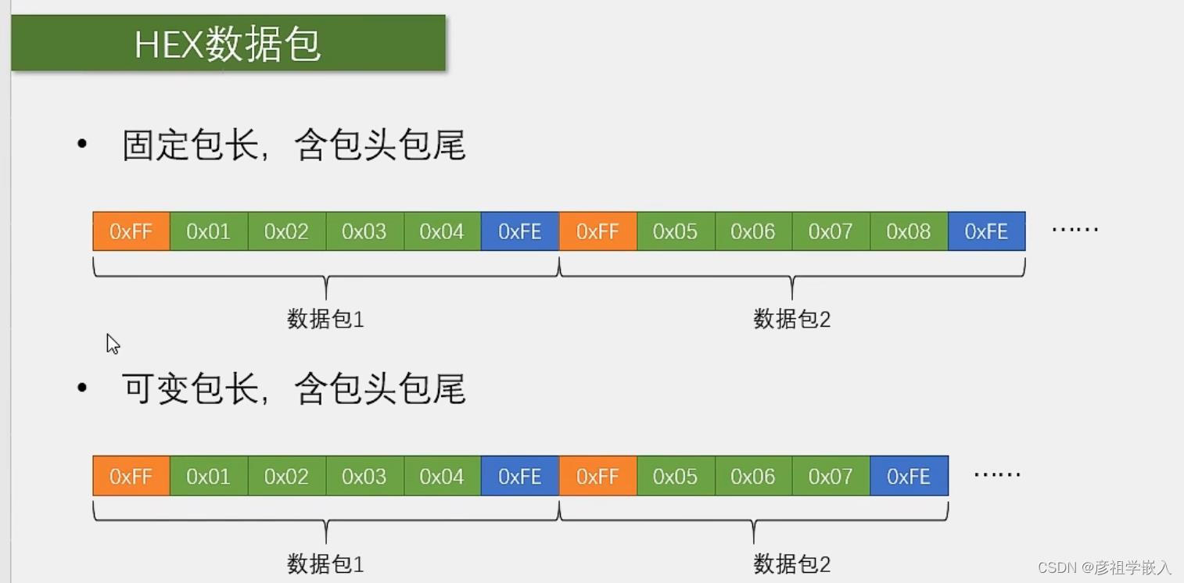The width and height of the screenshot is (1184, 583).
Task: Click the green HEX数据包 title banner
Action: pyautogui.click(x=228, y=44)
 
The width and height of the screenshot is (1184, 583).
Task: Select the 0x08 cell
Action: pyautogui.click(x=909, y=231)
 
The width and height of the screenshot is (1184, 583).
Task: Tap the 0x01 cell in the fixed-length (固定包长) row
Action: pyautogui.click(x=209, y=231)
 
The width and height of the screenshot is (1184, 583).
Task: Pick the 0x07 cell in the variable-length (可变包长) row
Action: pyautogui.click(x=831, y=476)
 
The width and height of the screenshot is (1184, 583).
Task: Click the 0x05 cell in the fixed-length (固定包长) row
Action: pyautogui.click(x=676, y=231)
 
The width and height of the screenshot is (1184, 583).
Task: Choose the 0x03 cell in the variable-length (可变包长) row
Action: pyautogui.click(x=364, y=476)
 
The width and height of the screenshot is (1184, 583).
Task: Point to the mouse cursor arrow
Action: pyautogui.click(x=112, y=343)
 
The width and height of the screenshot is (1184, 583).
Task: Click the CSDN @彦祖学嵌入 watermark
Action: pyautogui.click(x=1104, y=567)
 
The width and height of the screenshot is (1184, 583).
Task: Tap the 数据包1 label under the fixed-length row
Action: pyautogui.click(x=325, y=319)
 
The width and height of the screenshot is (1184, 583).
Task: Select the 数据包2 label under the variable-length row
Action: pyautogui.click(x=791, y=563)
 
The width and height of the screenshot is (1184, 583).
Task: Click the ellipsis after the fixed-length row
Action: pyautogui.click(x=1075, y=230)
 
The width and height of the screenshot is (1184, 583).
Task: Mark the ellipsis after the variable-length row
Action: pyautogui.click(x=997, y=474)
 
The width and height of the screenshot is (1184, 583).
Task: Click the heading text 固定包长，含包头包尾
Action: pyautogui.click(x=294, y=145)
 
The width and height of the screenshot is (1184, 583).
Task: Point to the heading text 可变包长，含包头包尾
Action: pyautogui.click(x=294, y=389)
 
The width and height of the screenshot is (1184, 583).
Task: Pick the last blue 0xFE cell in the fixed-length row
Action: pyautogui.click(x=986, y=231)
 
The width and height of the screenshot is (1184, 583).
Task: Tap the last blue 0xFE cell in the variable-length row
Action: pyautogui.click(x=909, y=476)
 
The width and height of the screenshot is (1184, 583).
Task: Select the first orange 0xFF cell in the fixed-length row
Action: pyautogui.click(x=131, y=231)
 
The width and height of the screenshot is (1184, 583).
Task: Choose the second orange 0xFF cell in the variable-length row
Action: pyautogui.click(x=597, y=476)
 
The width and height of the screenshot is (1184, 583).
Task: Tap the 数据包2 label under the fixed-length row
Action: pyautogui.click(x=791, y=319)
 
